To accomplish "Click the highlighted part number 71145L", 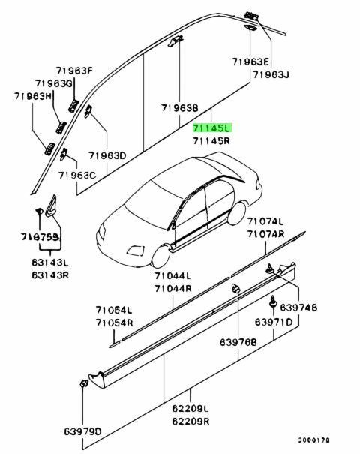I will [214, 128].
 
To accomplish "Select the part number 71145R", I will [214, 140].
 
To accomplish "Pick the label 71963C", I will [78, 175].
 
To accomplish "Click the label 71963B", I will [178, 108].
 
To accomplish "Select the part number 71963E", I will [251, 62].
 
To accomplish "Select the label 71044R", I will [173, 288].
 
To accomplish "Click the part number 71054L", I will [113, 310].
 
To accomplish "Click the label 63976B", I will [238, 342].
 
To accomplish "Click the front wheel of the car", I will [159, 255].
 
